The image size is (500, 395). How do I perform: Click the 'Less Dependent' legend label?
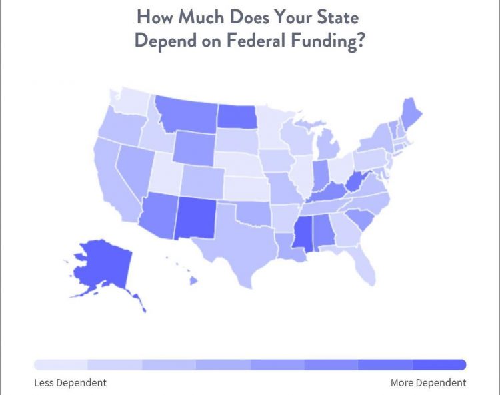point(70,382)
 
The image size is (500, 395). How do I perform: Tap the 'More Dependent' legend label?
point(429,382)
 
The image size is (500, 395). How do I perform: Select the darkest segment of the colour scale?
point(439,365)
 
